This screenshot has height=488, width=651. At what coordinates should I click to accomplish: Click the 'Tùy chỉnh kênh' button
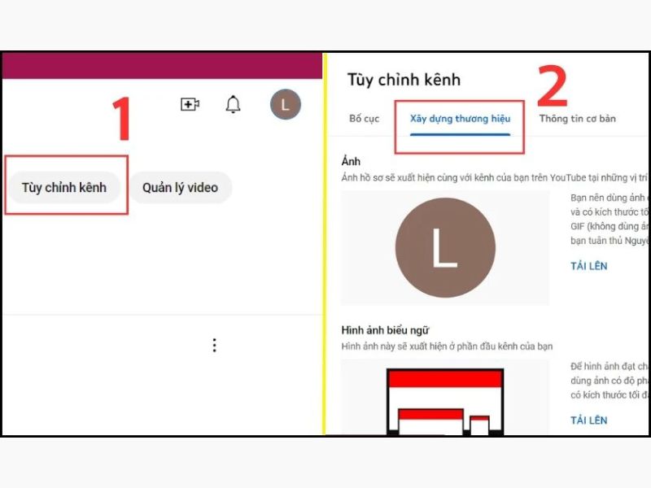64,188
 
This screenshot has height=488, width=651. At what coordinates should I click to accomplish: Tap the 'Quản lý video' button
180,188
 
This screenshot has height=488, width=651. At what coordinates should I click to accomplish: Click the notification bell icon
234,104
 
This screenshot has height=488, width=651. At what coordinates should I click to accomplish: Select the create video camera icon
190,104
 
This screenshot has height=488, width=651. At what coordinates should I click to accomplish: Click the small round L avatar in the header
285,104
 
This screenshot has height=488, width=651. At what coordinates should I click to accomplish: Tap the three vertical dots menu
214,345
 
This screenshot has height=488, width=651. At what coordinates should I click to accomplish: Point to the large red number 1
121,120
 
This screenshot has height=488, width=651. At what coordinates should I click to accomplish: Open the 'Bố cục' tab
365,119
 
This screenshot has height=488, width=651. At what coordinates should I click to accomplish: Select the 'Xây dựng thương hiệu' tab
460,119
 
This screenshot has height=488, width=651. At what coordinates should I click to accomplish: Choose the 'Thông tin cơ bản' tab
577,119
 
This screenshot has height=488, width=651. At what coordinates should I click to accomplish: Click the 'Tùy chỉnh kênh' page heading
404,80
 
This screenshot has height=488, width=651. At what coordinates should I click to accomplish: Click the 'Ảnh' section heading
351,162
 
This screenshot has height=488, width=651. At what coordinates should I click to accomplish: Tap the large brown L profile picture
444,247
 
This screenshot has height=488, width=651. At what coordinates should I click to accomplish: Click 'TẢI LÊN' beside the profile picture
588,266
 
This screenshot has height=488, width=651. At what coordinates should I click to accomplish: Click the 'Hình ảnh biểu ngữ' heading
386,330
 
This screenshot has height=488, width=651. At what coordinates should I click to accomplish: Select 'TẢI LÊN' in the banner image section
588,420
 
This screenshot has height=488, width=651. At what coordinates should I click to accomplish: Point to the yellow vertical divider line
324,244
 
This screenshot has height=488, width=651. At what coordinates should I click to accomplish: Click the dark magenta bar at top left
161,66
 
